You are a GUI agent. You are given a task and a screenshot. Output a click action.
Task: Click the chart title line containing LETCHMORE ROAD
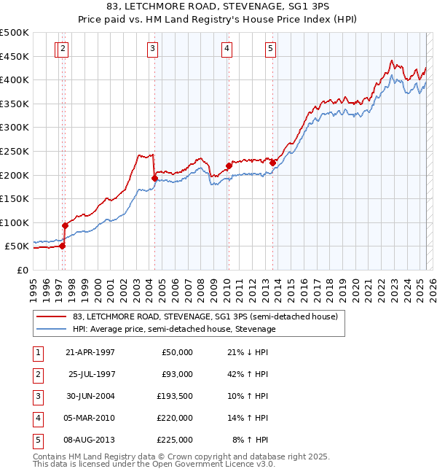point(218,7)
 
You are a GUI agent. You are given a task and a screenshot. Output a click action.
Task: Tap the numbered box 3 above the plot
point(152,49)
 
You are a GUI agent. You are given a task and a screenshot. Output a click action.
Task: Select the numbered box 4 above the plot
point(227,49)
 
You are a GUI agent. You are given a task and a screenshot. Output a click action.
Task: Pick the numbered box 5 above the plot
point(270,49)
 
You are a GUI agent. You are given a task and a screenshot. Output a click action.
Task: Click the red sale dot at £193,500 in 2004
point(154,178)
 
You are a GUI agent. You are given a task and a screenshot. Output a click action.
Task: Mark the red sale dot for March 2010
point(228,166)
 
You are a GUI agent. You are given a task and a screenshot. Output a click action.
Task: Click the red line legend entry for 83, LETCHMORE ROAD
point(205,317)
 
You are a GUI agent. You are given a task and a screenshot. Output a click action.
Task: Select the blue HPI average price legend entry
point(174,330)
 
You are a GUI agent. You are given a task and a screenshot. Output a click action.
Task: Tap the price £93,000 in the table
point(177,374)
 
